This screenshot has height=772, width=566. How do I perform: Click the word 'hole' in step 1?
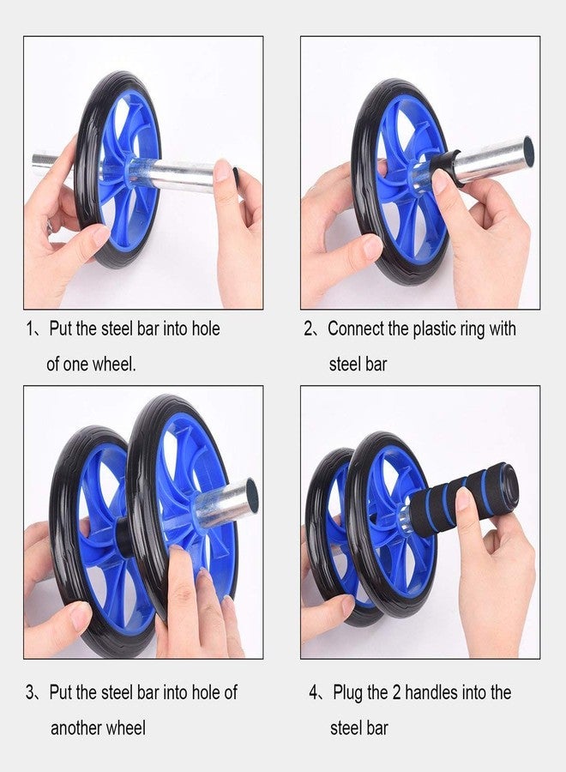(206, 329)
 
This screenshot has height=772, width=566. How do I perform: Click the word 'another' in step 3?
(75, 727)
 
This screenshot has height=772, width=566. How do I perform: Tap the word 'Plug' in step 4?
(348, 693)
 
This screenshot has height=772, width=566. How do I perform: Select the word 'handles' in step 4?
(431, 692)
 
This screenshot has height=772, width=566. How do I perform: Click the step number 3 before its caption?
(30, 693)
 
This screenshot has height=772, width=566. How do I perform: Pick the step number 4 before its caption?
(314, 693)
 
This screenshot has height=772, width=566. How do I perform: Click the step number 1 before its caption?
(29, 329)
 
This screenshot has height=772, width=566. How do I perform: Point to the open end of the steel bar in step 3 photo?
(251, 495)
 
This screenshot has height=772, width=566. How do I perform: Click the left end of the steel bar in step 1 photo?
(38, 164)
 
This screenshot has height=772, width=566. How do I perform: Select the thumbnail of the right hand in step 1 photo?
(223, 171)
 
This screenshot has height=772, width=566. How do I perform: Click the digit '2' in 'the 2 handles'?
(396, 693)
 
